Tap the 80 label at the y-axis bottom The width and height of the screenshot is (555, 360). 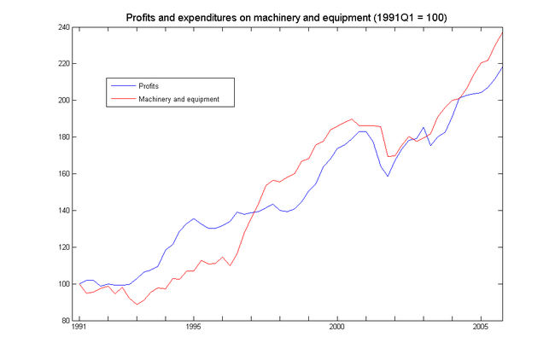64,321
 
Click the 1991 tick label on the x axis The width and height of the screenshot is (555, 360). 79,328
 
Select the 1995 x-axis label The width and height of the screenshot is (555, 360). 194,328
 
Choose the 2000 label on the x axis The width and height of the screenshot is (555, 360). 337,328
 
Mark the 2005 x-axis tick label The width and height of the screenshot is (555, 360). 481,328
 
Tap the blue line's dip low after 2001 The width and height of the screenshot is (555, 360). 388,177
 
